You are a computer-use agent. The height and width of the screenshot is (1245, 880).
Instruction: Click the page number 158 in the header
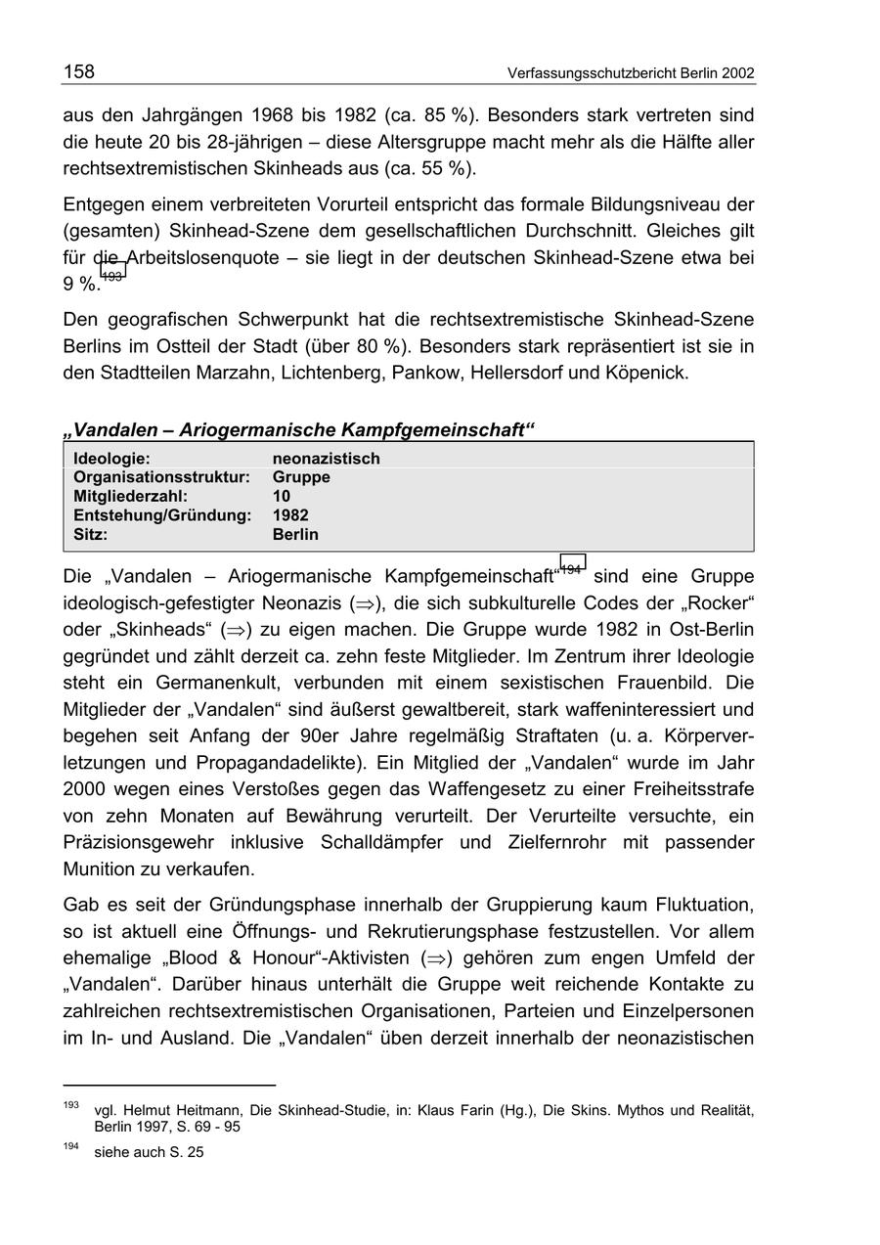[x=79, y=71]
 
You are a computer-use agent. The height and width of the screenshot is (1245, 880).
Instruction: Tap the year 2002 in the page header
[x=736, y=73]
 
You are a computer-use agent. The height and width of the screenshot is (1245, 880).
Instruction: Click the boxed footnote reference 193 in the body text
[x=112, y=277]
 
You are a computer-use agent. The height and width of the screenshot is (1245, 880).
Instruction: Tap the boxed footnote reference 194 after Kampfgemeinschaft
[x=572, y=568]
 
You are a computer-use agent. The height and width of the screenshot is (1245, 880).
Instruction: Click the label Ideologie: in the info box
[x=111, y=458]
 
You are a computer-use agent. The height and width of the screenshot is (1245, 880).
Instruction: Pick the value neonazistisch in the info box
[x=326, y=458]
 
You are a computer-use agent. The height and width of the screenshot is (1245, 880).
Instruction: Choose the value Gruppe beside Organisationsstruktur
[x=301, y=477]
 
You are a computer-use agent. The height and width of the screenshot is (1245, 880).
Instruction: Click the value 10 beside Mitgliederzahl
[x=282, y=496]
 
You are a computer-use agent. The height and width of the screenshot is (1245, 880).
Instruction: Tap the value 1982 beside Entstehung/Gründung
[x=290, y=515]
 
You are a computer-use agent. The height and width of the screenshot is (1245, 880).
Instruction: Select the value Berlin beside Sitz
[x=295, y=534]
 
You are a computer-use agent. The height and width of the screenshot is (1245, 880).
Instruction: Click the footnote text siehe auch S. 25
[x=149, y=1152]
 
